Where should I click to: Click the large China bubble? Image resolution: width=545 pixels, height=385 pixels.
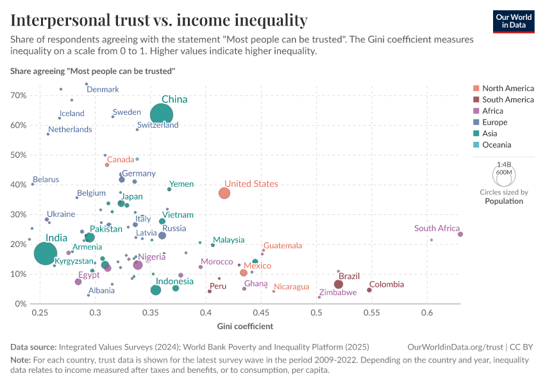click(x=162, y=115)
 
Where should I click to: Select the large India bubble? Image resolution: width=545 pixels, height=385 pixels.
click(x=45, y=253)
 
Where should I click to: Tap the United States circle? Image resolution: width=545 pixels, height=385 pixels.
click(x=224, y=193)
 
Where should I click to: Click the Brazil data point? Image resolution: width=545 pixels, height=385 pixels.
click(x=339, y=284)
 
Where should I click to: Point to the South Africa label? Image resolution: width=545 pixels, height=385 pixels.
click(x=437, y=228)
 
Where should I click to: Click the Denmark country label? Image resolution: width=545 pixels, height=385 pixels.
click(x=103, y=90)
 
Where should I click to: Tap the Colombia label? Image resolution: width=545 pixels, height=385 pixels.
click(x=387, y=284)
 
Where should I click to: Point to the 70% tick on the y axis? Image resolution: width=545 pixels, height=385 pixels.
click(x=18, y=96)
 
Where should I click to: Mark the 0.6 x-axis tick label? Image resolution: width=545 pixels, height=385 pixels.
click(x=427, y=312)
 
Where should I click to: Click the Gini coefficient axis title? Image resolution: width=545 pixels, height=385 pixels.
click(x=246, y=326)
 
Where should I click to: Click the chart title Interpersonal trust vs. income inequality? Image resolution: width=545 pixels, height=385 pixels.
click(x=158, y=20)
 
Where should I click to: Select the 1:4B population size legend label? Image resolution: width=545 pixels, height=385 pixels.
click(x=504, y=165)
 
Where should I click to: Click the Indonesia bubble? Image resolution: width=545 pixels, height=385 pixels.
click(x=156, y=290)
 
